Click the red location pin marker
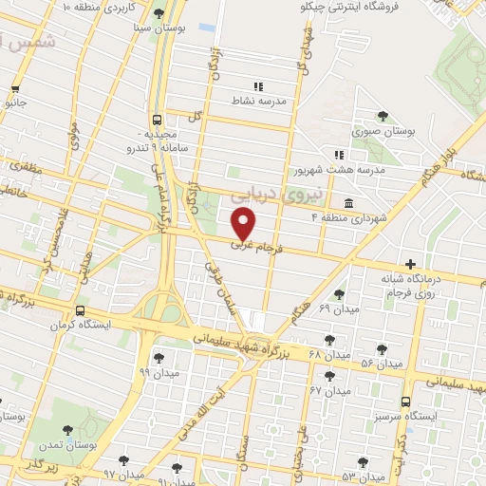[x=245, y=223]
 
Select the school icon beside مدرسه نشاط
[x=258, y=86]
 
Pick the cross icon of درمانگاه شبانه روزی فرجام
[x=410, y=265]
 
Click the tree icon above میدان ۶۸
[x=329, y=340]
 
